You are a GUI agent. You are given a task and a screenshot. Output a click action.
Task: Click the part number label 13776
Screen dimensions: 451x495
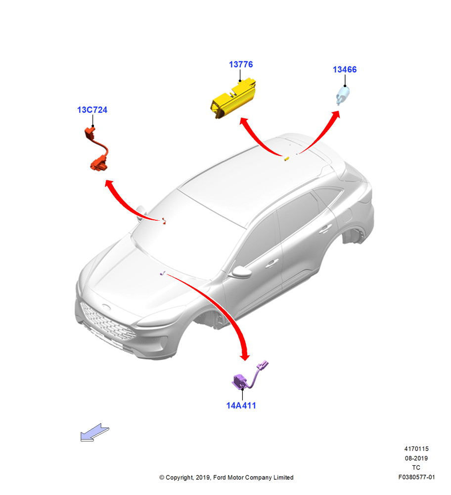point(241,64)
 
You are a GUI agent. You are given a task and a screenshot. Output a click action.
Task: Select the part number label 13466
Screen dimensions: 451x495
point(345,69)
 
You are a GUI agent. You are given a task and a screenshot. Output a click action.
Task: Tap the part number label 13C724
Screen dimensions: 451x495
point(92,110)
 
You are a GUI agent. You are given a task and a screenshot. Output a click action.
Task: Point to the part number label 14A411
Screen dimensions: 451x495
point(241,406)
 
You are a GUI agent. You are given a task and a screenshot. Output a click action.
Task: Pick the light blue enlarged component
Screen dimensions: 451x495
point(343,96)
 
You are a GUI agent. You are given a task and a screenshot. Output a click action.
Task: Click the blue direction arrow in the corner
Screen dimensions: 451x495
point(94,432)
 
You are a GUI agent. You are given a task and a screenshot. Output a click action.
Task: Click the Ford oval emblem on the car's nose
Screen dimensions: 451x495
point(106,306)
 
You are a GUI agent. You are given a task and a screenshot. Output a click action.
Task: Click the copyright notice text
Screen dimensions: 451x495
point(226,477)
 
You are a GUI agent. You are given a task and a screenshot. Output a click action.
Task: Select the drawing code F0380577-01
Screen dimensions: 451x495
point(416,477)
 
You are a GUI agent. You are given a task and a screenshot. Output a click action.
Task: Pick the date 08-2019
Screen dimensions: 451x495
point(416,458)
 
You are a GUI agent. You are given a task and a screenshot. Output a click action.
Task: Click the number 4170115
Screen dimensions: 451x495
point(416,448)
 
